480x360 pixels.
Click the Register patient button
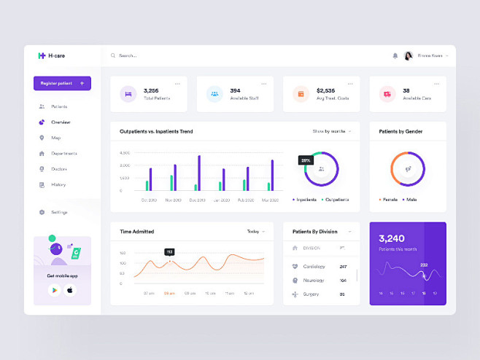pos(62,84)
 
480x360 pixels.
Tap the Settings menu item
pos(59,212)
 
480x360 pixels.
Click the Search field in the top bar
pos(146,55)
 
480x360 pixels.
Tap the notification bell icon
pos(395,55)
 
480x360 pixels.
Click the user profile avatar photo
pos(408,55)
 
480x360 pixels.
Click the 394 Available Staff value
pos(235,90)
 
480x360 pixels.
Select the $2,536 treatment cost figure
pos(325,90)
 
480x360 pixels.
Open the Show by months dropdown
pos(331,131)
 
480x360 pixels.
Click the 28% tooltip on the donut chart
pos(305,160)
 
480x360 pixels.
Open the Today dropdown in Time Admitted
pos(255,231)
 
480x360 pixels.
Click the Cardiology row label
pos(314,267)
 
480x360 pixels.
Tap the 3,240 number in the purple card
pos(392,238)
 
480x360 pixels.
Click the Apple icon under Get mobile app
pos(70,290)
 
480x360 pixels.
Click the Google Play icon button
pos(54,290)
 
